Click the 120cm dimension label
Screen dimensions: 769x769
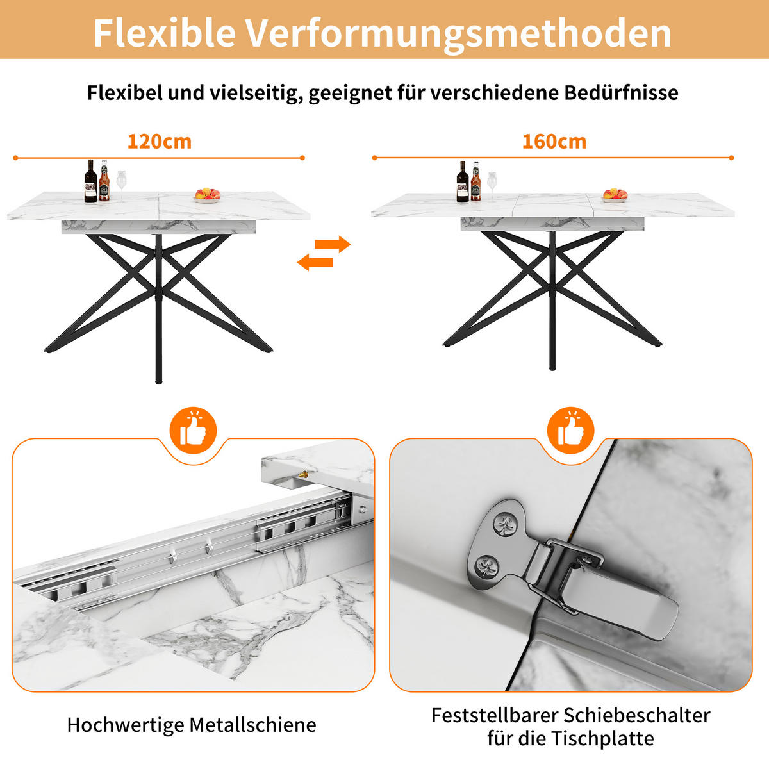pos(159,142)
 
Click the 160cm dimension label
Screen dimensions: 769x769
pos(554,142)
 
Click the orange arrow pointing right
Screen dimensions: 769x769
pos(335,244)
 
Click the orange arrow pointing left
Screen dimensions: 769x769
pos(315,261)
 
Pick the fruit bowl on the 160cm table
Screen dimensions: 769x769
pos(615,194)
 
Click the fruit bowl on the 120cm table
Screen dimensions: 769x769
pos(207,194)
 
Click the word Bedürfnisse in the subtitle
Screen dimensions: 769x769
pos(621,92)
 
